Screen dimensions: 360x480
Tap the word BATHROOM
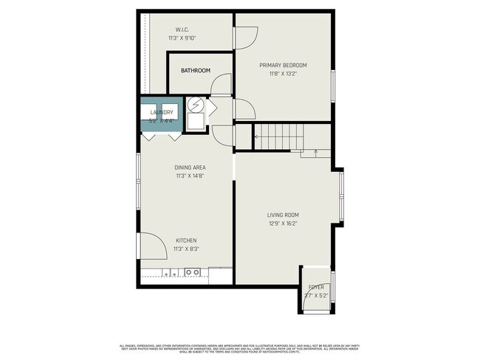(196, 71)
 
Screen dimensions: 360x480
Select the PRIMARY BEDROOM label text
(283, 65)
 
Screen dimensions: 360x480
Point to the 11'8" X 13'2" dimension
(283, 74)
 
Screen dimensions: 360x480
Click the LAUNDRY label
(162, 112)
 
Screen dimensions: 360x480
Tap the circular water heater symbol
(195, 105)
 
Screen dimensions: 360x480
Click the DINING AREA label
(190, 167)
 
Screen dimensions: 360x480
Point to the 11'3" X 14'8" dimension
(190, 176)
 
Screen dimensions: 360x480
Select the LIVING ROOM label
(283, 215)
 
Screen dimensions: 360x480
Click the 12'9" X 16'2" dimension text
(283, 224)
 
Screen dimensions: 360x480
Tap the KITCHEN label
(185, 240)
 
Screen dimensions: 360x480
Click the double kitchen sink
(193, 272)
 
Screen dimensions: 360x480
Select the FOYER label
(315, 287)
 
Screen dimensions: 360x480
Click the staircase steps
(281, 134)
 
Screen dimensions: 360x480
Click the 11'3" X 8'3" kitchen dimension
(185, 249)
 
